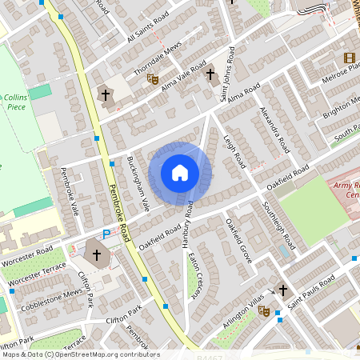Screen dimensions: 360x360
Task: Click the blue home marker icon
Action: pos(180,173)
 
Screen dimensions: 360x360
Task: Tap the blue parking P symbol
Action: pos(106,234)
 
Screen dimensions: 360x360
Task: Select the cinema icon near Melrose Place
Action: pos(349,58)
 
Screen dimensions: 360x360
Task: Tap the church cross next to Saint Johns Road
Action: pos(211,75)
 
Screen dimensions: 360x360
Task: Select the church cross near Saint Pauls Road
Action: pos(282,290)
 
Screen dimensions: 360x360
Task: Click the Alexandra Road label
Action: pos(274,129)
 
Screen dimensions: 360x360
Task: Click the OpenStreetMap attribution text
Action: pos(80,354)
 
